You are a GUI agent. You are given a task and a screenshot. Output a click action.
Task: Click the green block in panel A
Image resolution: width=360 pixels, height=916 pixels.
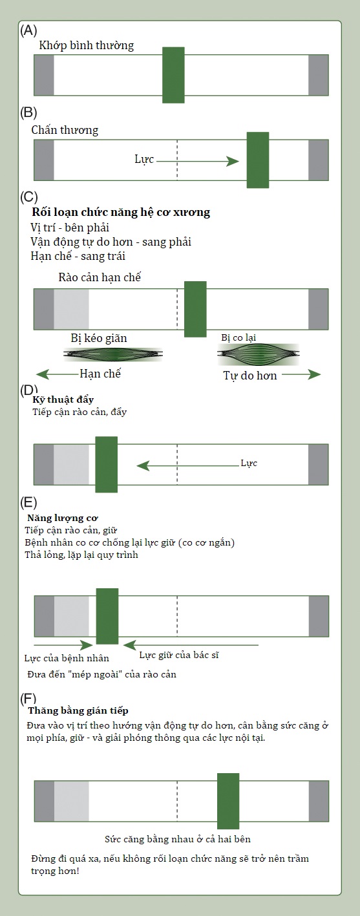coord(173,75)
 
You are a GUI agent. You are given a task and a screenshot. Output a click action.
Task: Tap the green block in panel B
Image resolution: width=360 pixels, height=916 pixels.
coord(258,160)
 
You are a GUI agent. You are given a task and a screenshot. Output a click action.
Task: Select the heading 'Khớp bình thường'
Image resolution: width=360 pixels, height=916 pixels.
coord(86,45)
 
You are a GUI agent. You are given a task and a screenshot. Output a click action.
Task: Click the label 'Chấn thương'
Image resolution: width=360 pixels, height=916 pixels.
coord(65,130)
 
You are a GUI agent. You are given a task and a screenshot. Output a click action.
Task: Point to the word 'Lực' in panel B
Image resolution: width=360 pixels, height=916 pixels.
coord(144,160)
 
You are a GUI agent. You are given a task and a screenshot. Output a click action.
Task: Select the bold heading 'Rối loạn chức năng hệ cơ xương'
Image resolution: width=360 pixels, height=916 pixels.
coord(121,212)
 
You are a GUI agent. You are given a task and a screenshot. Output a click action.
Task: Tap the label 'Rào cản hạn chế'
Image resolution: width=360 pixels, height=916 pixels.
coord(100,277)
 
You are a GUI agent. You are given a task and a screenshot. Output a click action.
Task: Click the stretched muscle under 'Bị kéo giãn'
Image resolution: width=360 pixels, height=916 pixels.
coord(113,354)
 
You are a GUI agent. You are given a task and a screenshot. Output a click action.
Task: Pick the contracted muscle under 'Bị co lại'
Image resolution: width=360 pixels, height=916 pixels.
coord(259,354)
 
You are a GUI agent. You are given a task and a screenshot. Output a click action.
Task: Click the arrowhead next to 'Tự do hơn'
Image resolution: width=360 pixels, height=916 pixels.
coord(315,374)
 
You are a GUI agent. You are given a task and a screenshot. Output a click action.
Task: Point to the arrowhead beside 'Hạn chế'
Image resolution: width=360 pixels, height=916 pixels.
coord(43,374)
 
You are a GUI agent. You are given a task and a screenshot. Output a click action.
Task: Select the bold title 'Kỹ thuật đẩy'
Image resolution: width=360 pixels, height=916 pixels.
coord(63,399)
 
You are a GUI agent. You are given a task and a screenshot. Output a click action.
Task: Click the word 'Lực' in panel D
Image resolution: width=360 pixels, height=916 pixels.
coord(249,463)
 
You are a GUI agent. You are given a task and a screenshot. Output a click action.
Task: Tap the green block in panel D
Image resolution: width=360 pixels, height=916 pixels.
coord(106,465)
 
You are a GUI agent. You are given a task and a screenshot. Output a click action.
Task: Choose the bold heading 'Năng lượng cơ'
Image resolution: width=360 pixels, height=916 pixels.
coord(63,518)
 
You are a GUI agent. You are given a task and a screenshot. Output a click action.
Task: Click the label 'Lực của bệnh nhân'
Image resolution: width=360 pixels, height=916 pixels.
coord(67,658)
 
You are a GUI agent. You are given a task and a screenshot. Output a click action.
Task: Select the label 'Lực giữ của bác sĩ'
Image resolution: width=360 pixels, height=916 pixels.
coord(179,655)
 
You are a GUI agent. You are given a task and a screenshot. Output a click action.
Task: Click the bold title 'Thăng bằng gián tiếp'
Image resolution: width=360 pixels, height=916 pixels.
coord(78,710)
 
